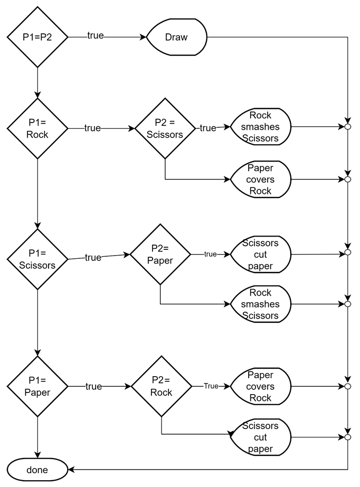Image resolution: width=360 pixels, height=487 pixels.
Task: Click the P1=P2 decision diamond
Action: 37,37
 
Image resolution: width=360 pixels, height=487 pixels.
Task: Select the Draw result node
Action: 176,37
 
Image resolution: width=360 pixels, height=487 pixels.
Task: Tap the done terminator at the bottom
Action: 37,470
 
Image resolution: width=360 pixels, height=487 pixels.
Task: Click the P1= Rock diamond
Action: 37,128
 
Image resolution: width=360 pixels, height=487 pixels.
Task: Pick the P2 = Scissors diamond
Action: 165,128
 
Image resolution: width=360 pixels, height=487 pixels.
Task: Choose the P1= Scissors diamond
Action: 37,259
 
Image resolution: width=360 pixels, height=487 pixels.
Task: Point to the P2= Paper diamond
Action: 160,254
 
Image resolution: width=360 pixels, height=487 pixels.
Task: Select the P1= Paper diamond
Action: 37,387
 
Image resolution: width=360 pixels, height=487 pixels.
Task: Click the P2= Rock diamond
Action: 161,387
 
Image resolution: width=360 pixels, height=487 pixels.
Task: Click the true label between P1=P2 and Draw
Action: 95,36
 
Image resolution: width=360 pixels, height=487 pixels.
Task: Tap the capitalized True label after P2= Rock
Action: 211,386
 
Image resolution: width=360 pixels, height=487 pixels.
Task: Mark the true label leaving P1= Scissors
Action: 93,257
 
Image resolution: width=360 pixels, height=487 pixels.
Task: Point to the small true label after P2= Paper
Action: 210,254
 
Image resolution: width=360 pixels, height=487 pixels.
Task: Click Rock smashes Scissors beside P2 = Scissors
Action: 260,127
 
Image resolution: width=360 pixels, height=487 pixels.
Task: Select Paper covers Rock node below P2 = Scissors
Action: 260,180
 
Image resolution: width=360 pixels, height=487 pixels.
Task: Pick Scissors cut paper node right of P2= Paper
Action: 260,255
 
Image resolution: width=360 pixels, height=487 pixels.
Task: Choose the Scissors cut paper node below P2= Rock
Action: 260,437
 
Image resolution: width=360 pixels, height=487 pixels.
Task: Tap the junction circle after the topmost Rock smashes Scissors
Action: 347,127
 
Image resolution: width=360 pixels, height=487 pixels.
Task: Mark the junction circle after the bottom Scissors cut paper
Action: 347,437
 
